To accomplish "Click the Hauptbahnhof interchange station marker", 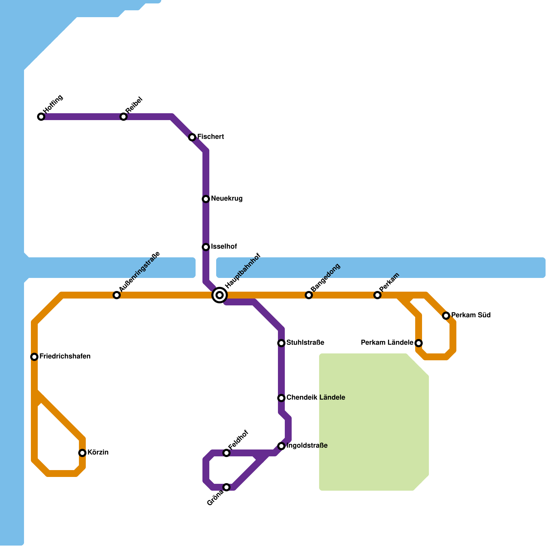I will (220, 295).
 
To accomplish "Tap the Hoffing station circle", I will (41, 117).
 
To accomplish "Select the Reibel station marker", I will (124, 117).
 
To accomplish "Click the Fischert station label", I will (210, 137).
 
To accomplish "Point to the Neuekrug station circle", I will (206, 199).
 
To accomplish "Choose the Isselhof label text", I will (224, 247).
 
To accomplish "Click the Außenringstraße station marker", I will (117, 295).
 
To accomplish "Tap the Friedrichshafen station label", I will (65, 357).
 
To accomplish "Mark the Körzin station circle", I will (82, 453).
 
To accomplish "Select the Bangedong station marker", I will (309, 295).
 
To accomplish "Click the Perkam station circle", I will (377, 295).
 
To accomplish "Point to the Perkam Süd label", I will (471, 315).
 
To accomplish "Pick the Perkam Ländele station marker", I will (419, 343).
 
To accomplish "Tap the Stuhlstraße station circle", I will (281, 343).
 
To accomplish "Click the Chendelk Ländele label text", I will (316, 398).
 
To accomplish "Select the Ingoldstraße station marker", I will (281, 446).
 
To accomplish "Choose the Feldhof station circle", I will (226, 453).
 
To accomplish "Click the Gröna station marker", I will (226, 487).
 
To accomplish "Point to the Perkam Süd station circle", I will (446, 316).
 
